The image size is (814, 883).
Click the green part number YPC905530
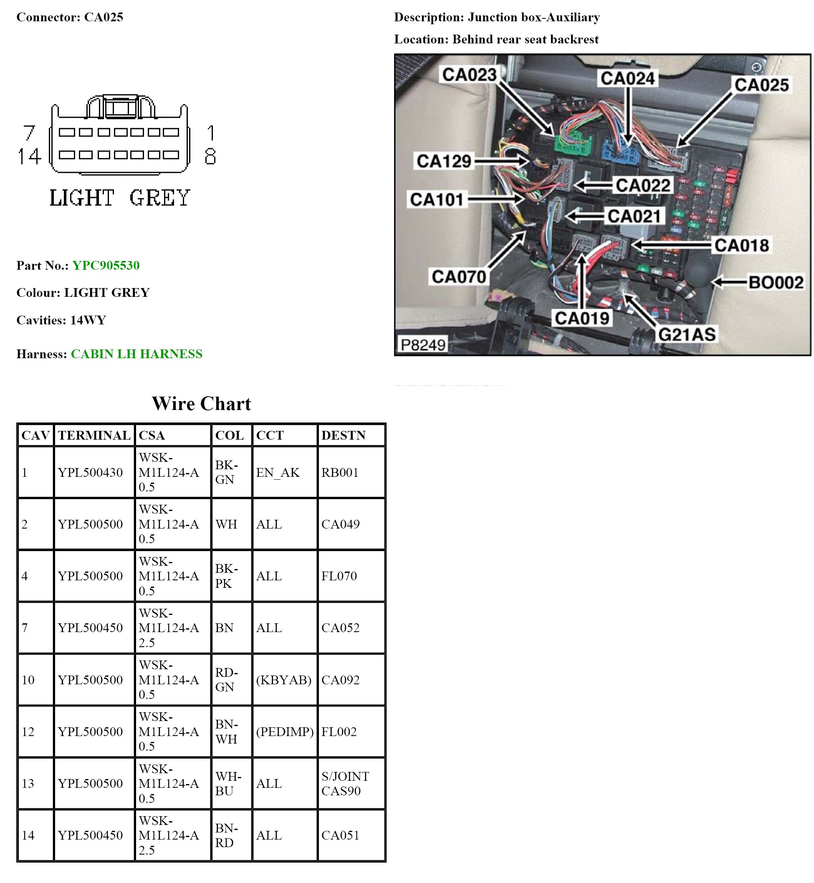pyautogui.click(x=106, y=265)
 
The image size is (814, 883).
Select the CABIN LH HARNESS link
pyautogui.click(x=137, y=354)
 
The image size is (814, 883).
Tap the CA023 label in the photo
pyautogui.click(x=469, y=74)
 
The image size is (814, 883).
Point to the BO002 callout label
pyautogui.click(x=776, y=282)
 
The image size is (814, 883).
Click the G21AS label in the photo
pyautogui.click(x=687, y=334)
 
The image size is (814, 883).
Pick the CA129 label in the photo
pyautogui.click(x=444, y=161)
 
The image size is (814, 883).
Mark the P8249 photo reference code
pyautogui.click(x=422, y=344)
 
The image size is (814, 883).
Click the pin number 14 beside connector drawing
pyautogui.click(x=29, y=157)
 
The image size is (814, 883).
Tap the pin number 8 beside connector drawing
pyautogui.click(x=210, y=157)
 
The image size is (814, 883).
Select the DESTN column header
pyautogui.click(x=343, y=435)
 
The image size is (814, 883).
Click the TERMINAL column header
pyautogui.click(x=94, y=435)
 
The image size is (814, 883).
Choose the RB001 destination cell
pyautogui.click(x=340, y=472)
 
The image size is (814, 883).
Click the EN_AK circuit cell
pyautogui.click(x=278, y=472)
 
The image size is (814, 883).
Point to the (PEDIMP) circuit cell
pyautogui.click(x=285, y=731)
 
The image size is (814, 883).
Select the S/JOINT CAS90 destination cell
pyautogui.click(x=345, y=783)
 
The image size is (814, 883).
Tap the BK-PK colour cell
pyautogui.click(x=226, y=576)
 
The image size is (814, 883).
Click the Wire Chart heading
pyautogui.click(x=201, y=404)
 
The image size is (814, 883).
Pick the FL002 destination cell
pyautogui.click(x=339, y=731)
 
